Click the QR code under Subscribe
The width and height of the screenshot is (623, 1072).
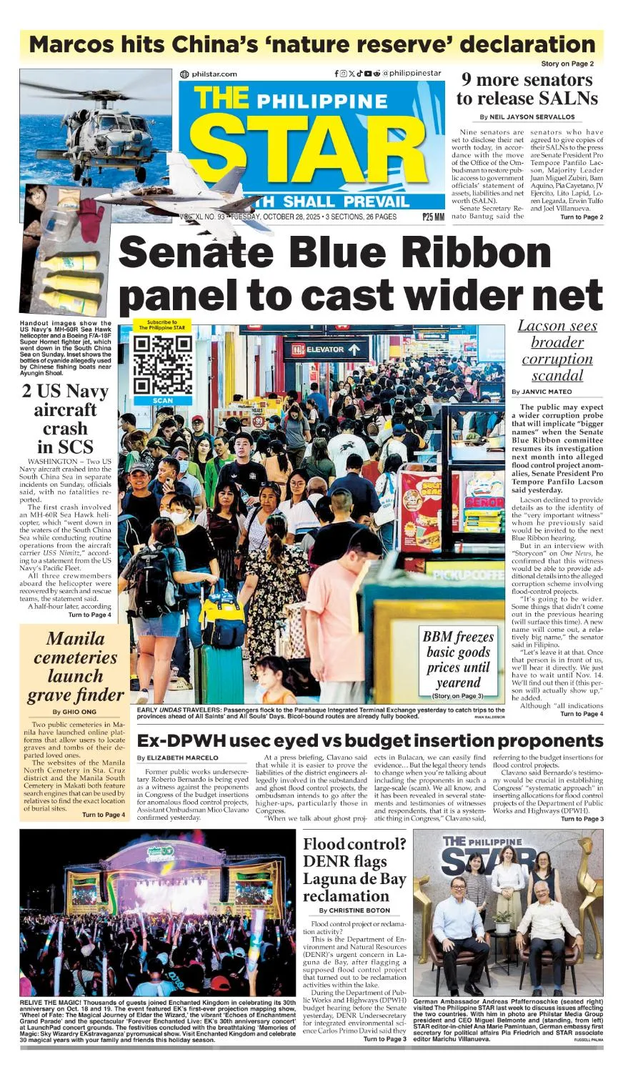click(x=162, y=364)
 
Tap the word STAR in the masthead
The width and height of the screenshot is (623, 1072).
click(x=307, y=153)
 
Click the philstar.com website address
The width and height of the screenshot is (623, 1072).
click(x=209, y=74)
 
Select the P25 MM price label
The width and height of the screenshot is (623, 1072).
click(x=433, y=217)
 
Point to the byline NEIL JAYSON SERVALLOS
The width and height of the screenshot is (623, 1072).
click(x=527, y=116)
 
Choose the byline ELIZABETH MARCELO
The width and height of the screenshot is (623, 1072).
click(x=178, y=758)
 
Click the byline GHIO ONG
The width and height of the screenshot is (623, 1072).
click(x=75, y=712)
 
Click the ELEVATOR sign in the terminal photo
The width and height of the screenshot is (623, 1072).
click(x=325, y=350)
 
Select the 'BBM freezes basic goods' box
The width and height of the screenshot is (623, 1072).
click(x=458, y=661)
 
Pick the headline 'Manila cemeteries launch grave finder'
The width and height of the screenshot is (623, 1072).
click(x=75, y=667)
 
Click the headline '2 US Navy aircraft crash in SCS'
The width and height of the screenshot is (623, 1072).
click(x=65, y=419)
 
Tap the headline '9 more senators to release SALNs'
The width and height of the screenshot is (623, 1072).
click(x=527, y=89)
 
